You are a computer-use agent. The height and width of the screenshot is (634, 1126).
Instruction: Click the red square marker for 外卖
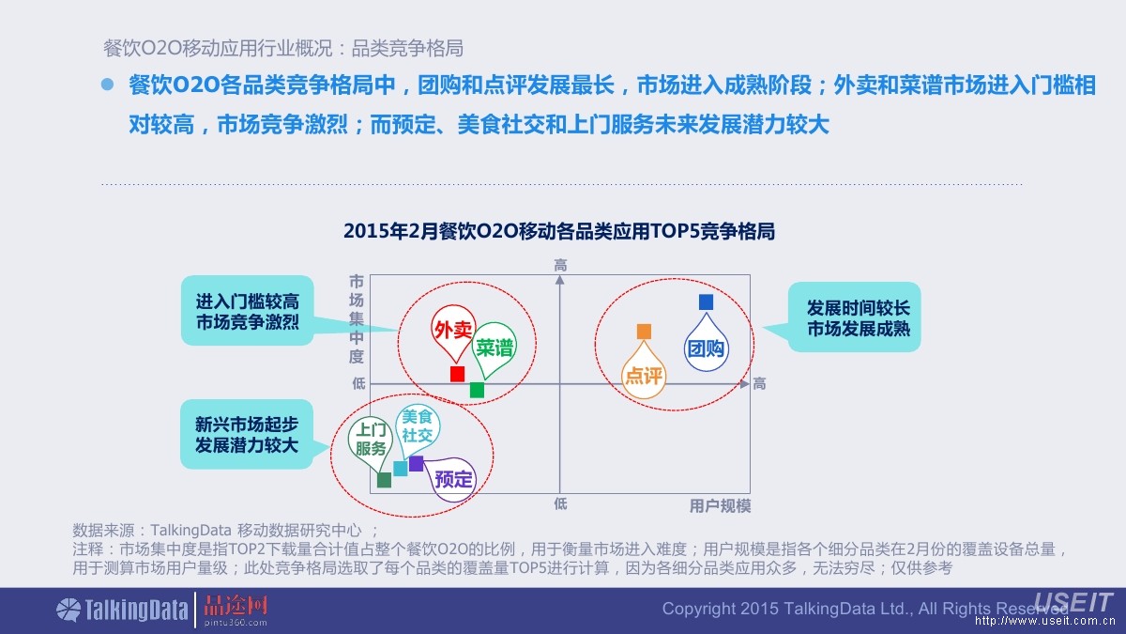(457, 374)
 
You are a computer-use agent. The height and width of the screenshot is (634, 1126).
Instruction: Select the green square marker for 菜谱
(477, 390)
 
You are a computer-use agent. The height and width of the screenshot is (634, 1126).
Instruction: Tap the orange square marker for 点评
(644, 332)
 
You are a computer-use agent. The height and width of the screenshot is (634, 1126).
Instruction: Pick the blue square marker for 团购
(706, 302)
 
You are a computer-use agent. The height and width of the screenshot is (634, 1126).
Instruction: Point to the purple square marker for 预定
(416, 463)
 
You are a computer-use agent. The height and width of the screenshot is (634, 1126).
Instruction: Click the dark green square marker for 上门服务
(384, 480)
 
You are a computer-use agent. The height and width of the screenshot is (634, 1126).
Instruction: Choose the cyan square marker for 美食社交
(401, 468)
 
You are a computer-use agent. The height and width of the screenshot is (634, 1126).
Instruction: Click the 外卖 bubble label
(452, 330)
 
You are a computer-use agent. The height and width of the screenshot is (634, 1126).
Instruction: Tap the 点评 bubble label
(644, 376)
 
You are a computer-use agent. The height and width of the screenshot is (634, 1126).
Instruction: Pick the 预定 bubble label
(454, 479)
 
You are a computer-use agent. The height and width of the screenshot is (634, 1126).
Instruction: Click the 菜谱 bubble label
(494, 347)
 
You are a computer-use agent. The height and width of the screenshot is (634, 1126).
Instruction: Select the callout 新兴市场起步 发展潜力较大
(246, 435)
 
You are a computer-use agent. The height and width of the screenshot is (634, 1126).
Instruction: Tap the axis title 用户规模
(720, 506)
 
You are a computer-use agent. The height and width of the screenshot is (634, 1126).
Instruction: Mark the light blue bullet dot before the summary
(107, 85)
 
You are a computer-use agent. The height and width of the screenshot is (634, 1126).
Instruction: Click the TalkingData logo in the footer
(122, 610)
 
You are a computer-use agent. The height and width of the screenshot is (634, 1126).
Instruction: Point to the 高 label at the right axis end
(759, 383)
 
